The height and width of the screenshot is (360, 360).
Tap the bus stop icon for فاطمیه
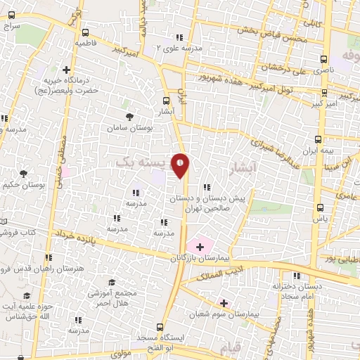(x=86, y=32)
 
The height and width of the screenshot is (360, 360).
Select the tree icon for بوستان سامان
(x=128, y=117)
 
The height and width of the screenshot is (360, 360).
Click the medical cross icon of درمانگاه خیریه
(x=66, y=70)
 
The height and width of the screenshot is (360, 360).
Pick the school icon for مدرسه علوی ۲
(x=179, y=37)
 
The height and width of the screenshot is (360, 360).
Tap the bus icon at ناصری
(x=323, y=60)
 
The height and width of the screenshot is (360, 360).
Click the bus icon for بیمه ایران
(x=319, y=139)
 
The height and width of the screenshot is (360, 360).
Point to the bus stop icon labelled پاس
(x=321, y=207)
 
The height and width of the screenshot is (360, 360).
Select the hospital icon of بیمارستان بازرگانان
(x=200, y=247)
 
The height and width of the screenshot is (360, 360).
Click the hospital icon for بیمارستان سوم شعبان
(x=224, y=303)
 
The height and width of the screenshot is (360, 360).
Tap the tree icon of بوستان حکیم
(x=23, y=173)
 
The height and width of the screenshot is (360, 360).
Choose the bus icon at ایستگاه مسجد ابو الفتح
(x=161, y=327)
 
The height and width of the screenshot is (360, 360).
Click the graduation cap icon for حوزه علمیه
(x=27, y=295)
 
